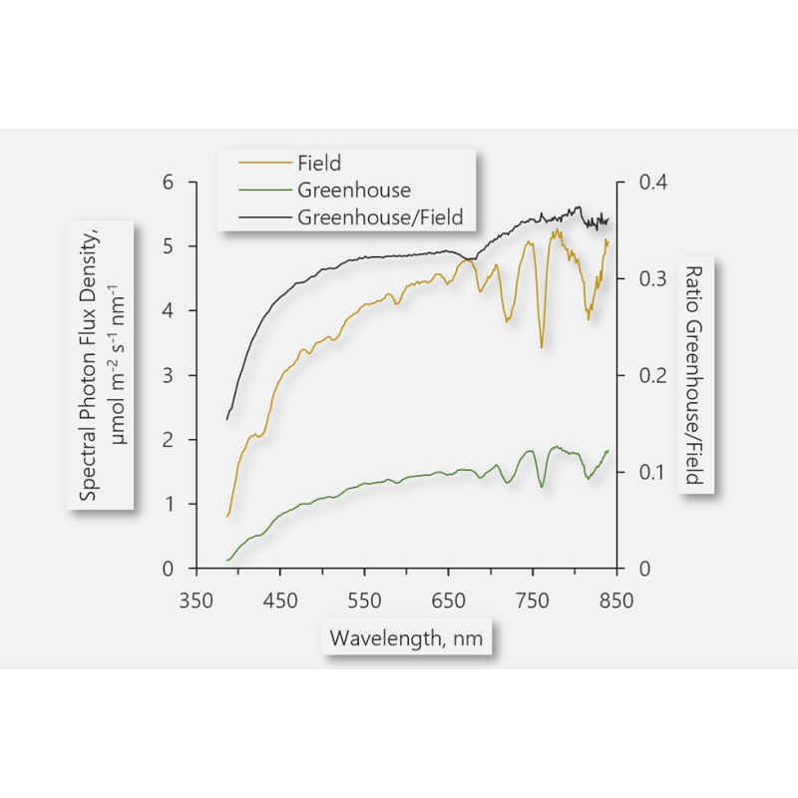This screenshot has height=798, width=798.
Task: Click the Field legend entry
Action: [x=319, y=164]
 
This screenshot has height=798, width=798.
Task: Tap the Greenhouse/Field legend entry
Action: [x=380, y=215]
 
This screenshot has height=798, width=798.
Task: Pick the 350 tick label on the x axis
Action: [x=197, y=600]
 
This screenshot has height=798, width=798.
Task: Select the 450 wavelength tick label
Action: [x=280, y=600]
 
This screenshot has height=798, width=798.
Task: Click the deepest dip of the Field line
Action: [x=542, y=346]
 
